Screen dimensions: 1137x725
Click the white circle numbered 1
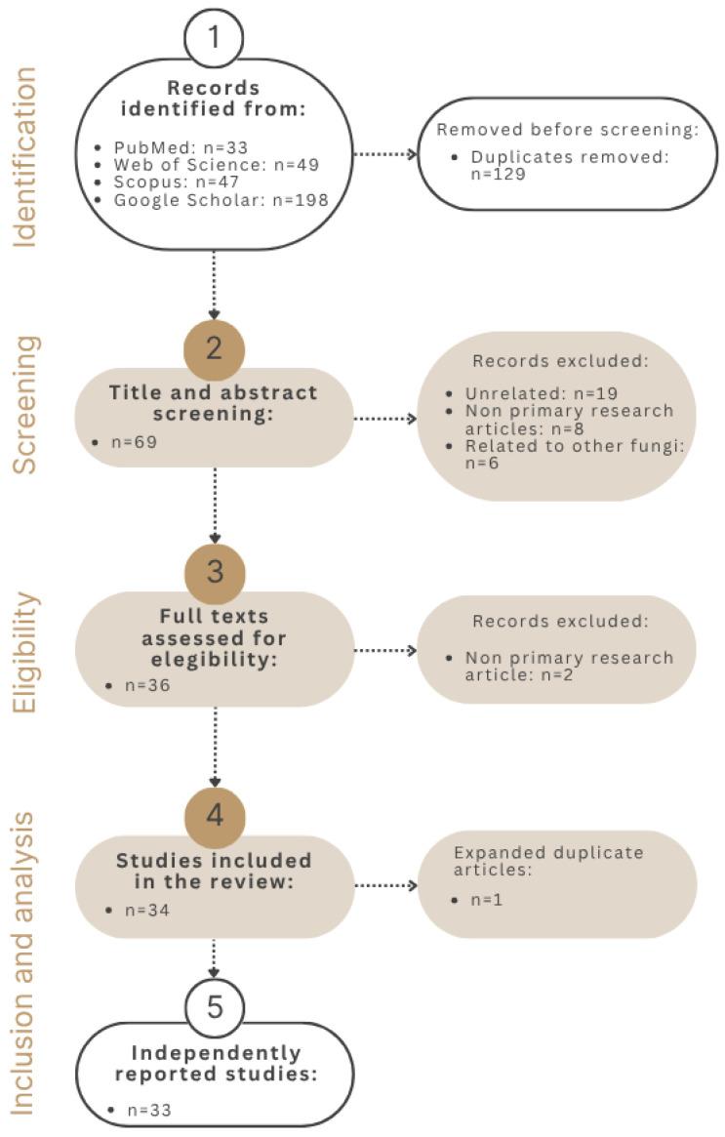pyautogui.click(x=213, y=37)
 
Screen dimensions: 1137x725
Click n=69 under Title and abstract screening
pyautogui.click(x=135, y=441)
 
